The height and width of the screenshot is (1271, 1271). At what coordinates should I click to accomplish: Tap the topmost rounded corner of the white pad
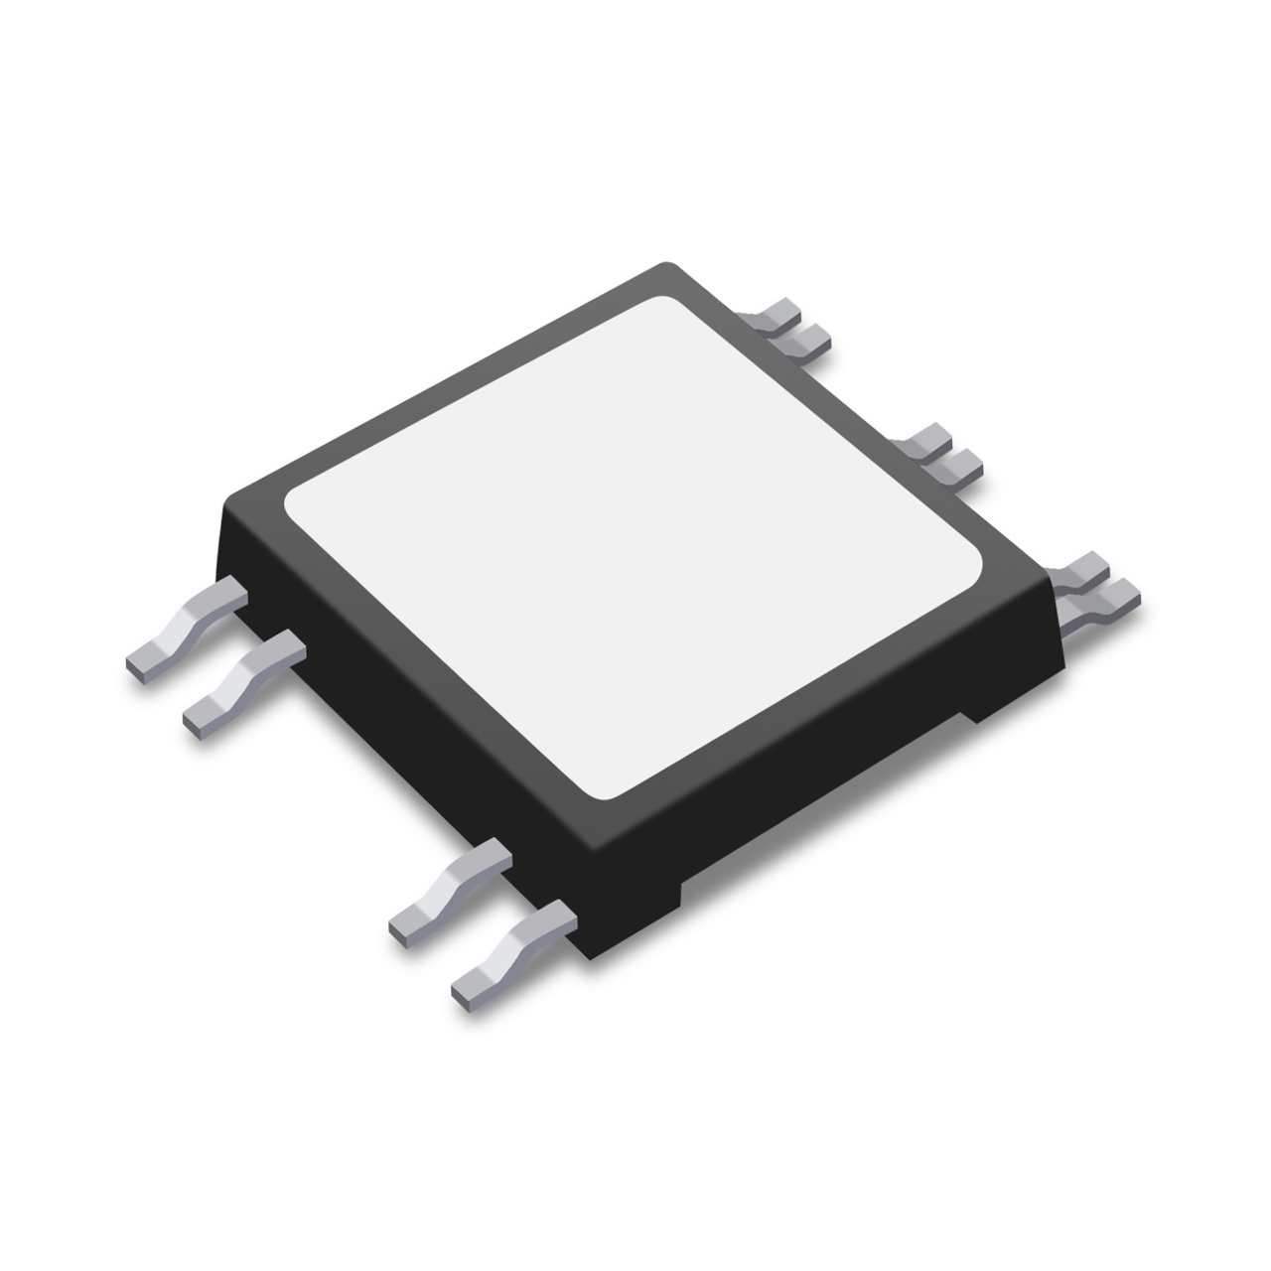coord(674,302)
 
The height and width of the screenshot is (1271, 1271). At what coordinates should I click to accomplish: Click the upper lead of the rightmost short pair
coord(1082,567)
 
